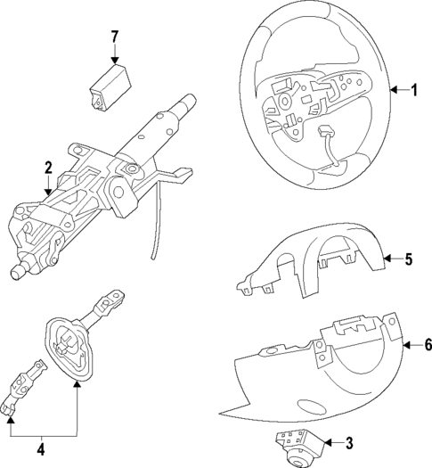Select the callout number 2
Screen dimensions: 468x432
point(47,167)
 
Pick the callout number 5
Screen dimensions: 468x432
point(408,260)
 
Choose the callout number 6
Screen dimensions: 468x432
point(427,345)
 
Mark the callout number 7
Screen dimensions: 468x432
point(113,37)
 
